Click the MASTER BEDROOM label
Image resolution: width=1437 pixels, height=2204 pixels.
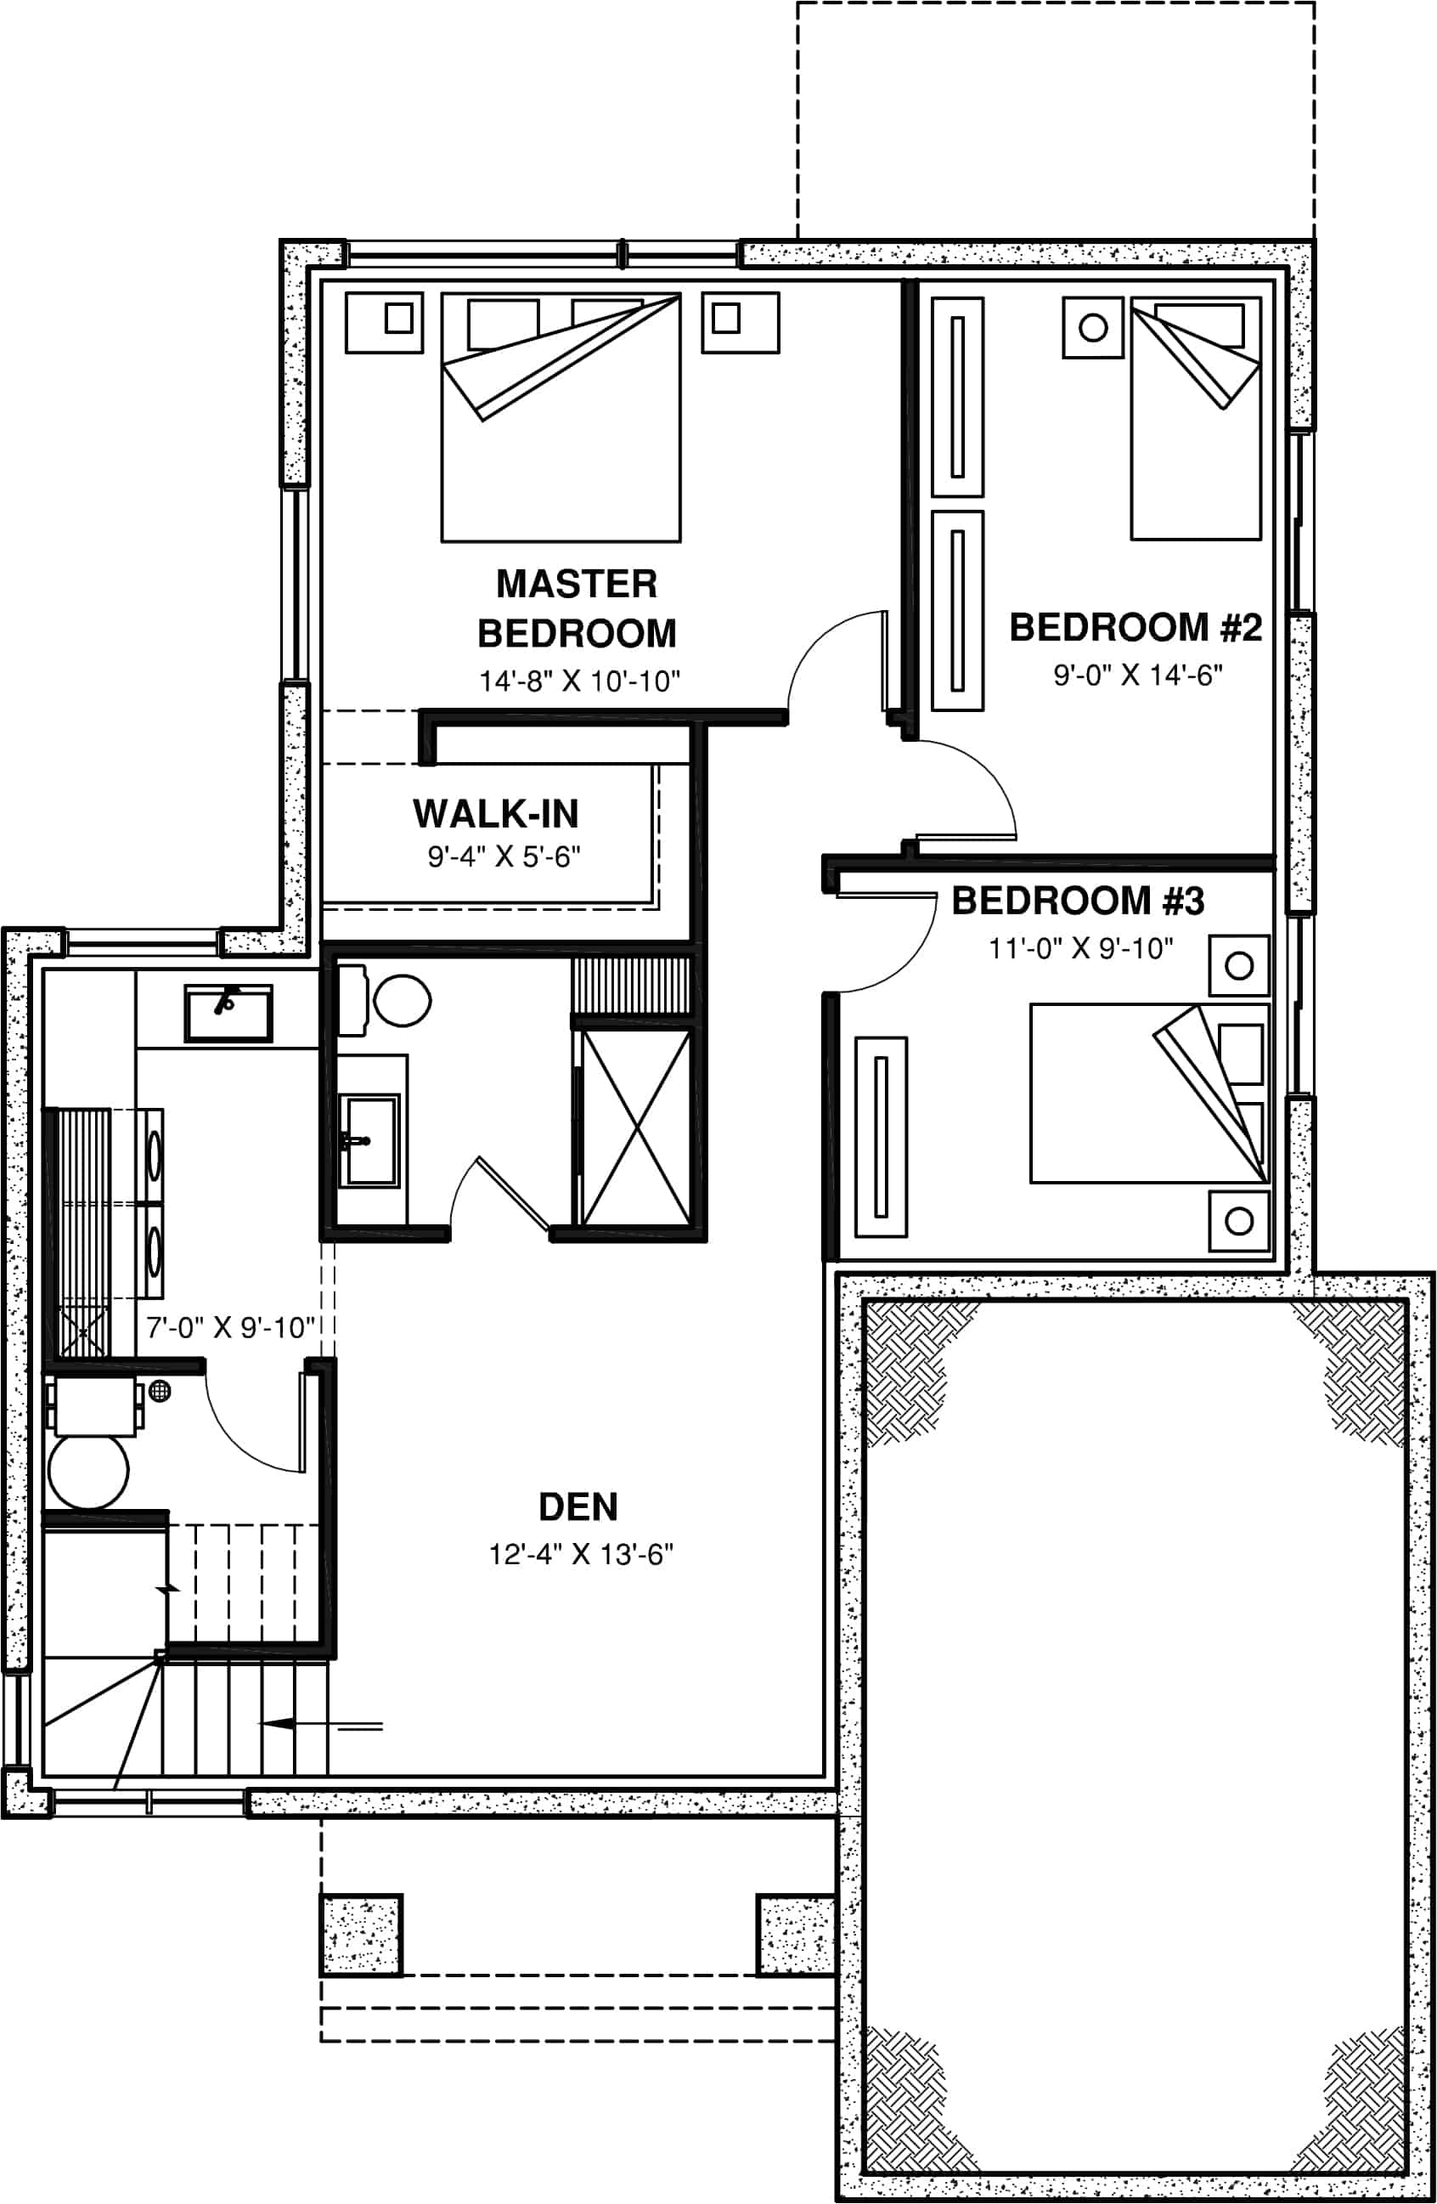tap(577, 608)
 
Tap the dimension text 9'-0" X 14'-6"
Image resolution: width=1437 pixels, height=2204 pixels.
tap(1137, 675)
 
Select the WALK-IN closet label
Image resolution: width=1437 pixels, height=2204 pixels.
tap(495, 814)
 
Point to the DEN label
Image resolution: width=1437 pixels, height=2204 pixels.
tap(578, 1506)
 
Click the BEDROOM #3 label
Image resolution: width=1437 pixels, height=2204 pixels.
tap(1078, 901)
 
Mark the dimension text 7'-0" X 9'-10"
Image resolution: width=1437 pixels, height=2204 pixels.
tap(230, 1328)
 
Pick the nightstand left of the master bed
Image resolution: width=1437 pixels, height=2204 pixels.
tap(384, 322)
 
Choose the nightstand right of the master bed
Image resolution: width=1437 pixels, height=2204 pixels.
tap(740, 322)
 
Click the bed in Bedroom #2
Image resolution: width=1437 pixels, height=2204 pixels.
tap(1195, 435)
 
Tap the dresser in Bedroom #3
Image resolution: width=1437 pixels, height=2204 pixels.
tap(881, 1136)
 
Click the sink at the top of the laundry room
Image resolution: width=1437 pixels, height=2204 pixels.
tap(228, 1013)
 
